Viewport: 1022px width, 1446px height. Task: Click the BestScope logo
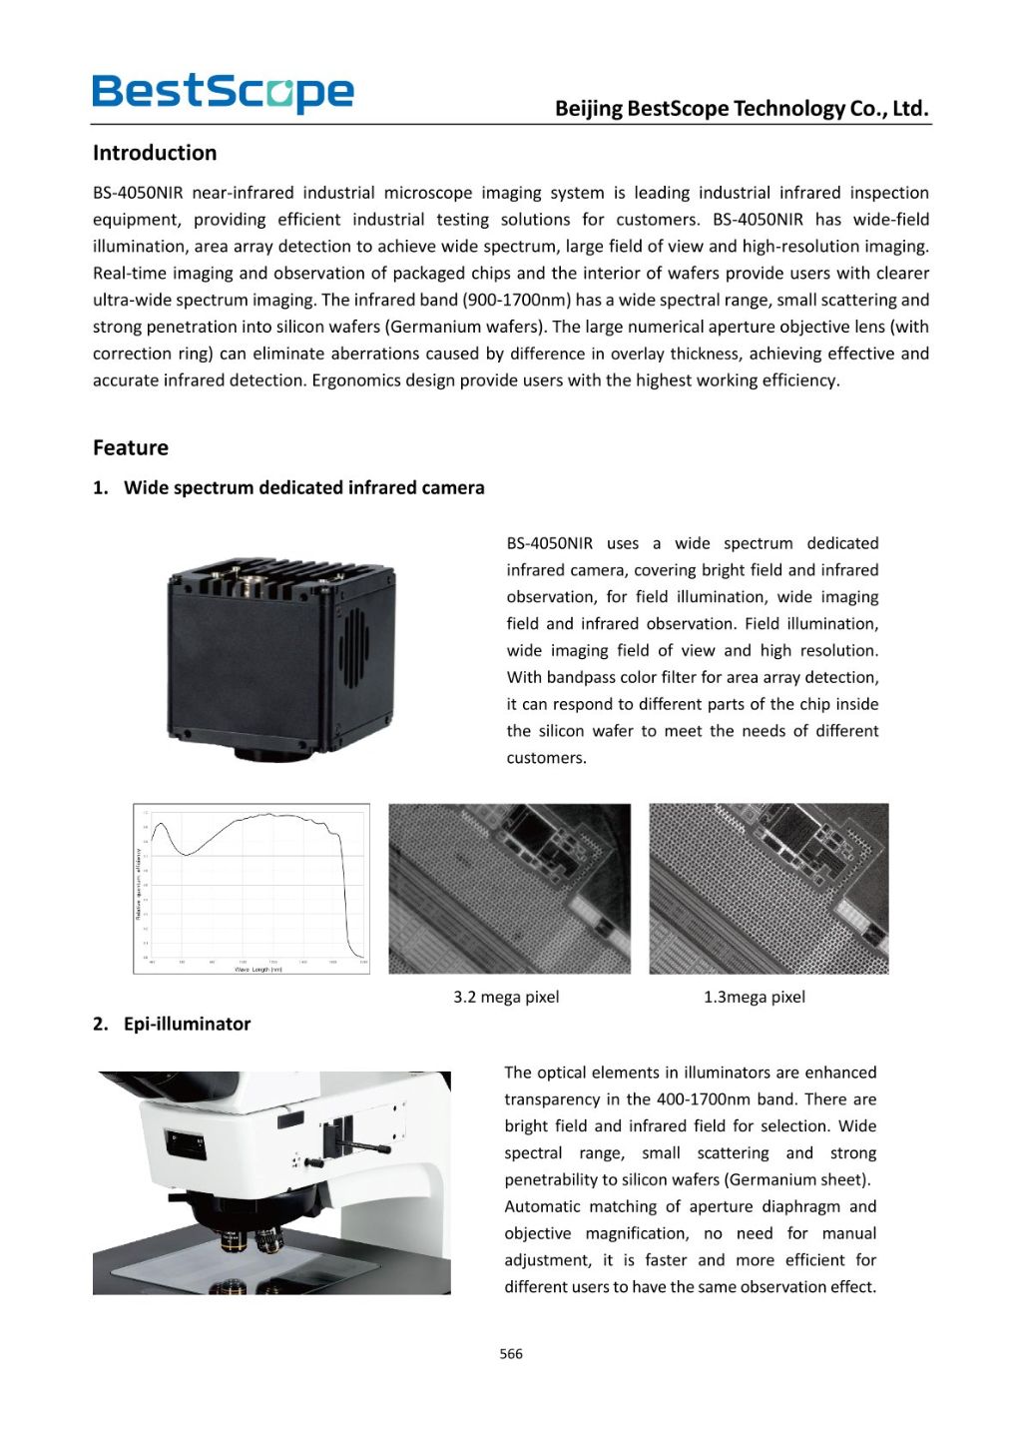pos(223,93)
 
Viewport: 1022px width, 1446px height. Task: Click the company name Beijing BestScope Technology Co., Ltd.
pos(742,109)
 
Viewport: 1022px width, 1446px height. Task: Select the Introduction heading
pos(155,153)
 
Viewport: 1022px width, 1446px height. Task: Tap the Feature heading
pos(131,447)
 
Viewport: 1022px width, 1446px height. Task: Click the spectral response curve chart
pos(252,887)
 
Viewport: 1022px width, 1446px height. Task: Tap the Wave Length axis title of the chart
pos(257,969)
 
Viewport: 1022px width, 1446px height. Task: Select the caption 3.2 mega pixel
pos(506,997)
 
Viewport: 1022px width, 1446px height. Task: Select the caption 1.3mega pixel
pos(754,997)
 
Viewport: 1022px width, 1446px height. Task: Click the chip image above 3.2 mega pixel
pos(509,888)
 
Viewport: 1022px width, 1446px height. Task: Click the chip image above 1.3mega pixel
pos(768,888)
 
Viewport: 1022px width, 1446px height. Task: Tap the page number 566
pos(511,1354)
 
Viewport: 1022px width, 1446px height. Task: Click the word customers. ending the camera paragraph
pos(546,758)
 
